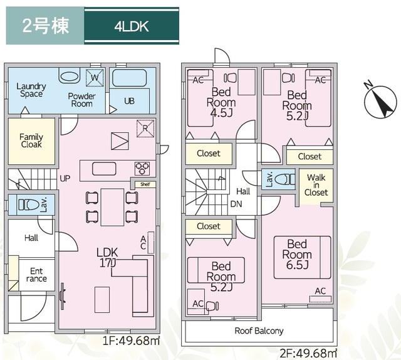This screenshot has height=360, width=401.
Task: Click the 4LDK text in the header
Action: point(131,27)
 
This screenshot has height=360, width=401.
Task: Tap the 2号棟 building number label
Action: point(44,27)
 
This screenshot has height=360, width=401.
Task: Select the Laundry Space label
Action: point(30,90)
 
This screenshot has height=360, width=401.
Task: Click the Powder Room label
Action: point(81,100)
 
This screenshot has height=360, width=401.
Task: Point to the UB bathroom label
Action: point(129,100)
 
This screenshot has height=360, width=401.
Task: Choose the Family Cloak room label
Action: point(31,141)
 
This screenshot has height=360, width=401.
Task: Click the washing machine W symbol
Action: point(94,78)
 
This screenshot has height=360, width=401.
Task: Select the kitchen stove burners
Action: point(142,168)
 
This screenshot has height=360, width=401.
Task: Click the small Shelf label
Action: point(144,184)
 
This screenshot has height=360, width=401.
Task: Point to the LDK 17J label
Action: point(107,257)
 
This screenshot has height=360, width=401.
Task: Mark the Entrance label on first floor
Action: point(36,275)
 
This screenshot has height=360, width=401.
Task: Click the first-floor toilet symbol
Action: point(29,204)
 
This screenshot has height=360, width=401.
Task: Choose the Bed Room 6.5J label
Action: point(296,255)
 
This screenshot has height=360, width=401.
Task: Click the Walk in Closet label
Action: point(316,185)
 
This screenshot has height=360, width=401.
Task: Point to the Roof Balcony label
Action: point(259,331)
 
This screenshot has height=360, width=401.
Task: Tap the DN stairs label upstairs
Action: point(236,204)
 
